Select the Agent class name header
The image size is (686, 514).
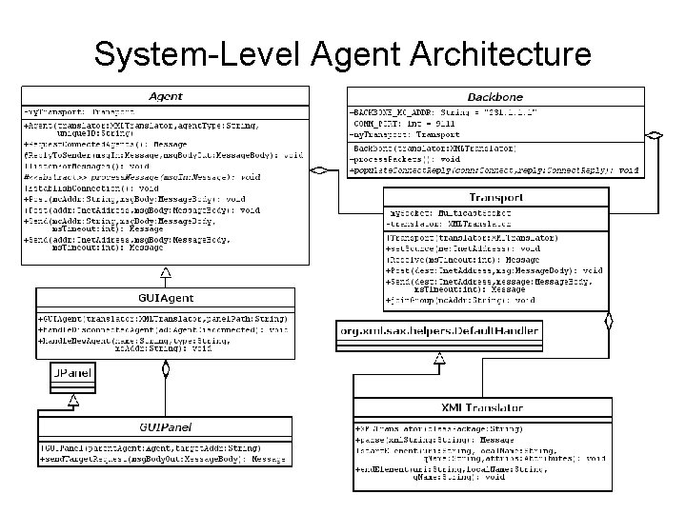pos(166,96)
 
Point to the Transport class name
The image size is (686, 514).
pos(495,197)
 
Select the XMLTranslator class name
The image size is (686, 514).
pos(495,407)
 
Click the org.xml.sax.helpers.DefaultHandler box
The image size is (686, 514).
pos(438,331)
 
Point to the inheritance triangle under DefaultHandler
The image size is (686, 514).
pos(439,359)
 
